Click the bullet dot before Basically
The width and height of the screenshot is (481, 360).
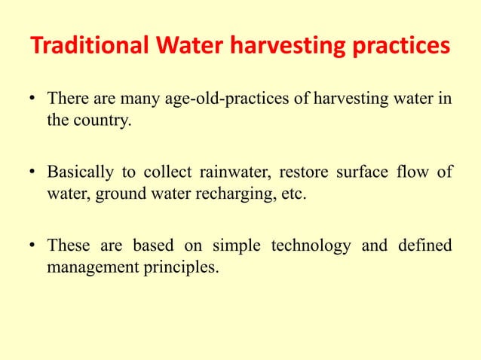[x=33, y=172]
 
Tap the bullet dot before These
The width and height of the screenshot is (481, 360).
[x=33, y=245]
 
